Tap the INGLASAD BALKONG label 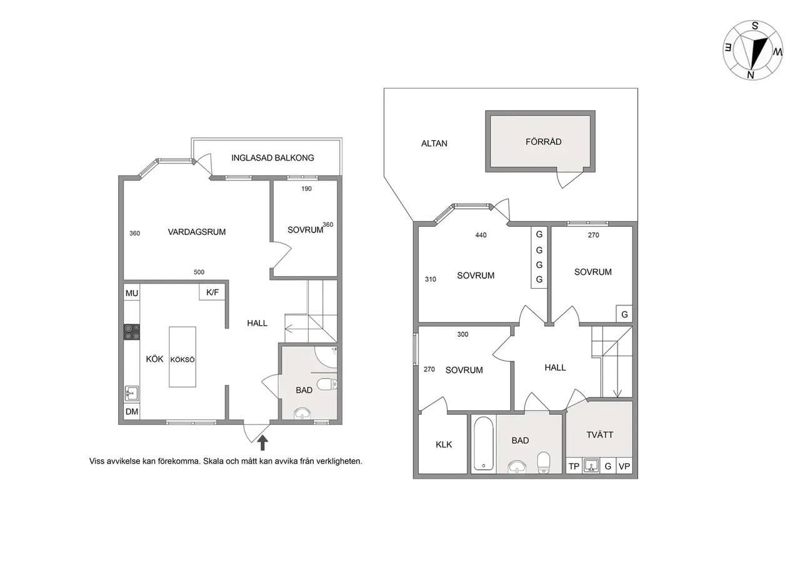tap(272, 158)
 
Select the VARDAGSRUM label tap(197, 232)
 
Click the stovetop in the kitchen tap(132, 332)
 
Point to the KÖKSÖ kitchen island tap(182, 357)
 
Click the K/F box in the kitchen tap(212, 292)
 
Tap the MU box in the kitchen tap(132, 293)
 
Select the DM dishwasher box tap(132, 411)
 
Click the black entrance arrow tap(263, 442)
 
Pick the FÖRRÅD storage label tap(543, 142)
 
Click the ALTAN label tap(434, 144)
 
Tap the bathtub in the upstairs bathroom tap(484, 443)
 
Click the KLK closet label tap(444, 444)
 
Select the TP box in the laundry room tap(574, 466)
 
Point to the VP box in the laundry tap(624, 466)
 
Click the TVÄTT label tap(599, 434)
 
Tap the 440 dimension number tap(481, 235)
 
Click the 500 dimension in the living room tap(199, 272)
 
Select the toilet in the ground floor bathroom tap(327, 384)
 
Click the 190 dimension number tap(306, 189)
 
